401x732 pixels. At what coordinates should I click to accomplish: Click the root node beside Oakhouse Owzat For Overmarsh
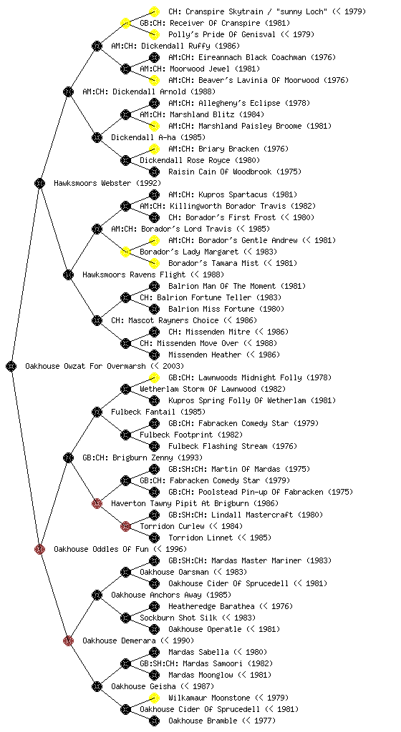11,366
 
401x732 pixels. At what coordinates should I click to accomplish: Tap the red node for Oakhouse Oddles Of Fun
39,549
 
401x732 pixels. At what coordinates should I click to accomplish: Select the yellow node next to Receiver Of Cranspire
125,23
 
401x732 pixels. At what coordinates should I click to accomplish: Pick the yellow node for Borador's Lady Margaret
125,252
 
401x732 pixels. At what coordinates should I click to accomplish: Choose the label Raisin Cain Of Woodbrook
220,172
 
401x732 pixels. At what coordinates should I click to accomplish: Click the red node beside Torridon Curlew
125,526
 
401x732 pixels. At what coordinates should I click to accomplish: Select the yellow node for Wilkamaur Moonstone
154,698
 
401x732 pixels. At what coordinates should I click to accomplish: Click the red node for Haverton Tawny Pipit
97,503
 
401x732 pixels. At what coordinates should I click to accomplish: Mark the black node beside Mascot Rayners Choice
97,320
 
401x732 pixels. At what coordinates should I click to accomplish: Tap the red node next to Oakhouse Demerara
68,640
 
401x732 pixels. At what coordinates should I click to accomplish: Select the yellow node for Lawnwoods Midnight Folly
154,377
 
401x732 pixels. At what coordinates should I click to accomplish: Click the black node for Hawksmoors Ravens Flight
68,274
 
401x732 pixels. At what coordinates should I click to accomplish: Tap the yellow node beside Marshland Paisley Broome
154,126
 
